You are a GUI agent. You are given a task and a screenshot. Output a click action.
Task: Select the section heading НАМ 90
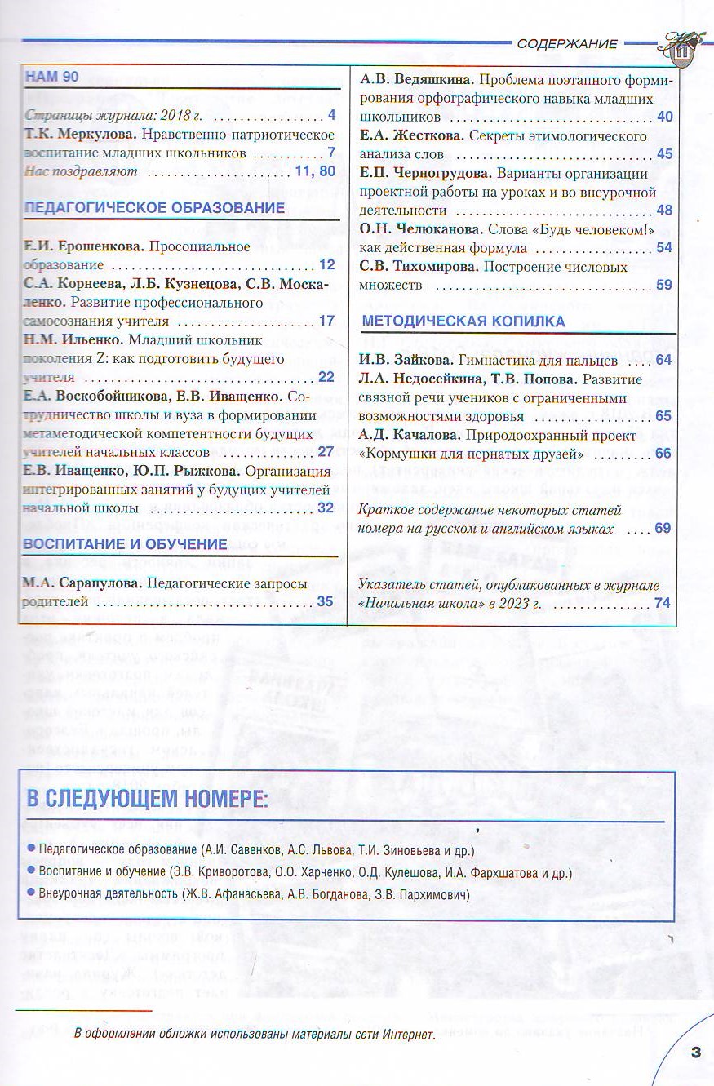point(52,77)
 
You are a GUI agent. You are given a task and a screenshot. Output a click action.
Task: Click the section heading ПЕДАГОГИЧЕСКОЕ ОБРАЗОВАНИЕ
point(155,208)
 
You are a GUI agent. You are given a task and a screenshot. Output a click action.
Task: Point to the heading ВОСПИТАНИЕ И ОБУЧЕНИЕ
point(126,543)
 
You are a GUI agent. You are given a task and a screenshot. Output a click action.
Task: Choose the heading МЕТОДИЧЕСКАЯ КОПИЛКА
point(463,321)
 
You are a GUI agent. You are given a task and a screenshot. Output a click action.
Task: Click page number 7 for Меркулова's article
point(332,153)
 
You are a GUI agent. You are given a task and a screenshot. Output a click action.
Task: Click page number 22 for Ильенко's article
point(326,377)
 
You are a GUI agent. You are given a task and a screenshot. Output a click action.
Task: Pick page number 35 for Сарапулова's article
point(326,602)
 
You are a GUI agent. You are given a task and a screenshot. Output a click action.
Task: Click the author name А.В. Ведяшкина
point(417,80)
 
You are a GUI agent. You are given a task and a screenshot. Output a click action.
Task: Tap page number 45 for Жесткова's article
point(664,154)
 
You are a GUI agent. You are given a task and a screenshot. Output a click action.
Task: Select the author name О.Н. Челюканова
point(421,229)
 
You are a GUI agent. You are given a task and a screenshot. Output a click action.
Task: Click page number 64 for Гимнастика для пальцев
point(663,360)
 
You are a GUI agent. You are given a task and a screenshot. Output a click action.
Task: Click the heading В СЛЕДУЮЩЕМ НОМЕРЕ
point(147,799)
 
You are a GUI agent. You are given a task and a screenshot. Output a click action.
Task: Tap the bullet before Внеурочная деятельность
point(31,893)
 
